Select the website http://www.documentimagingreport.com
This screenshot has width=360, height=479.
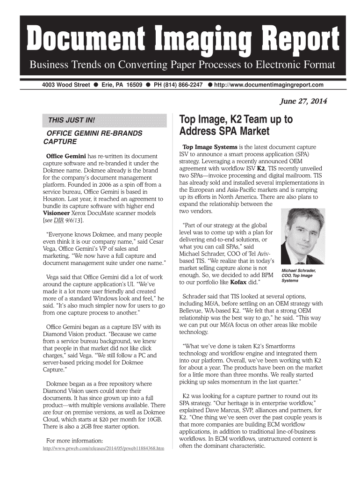click(x=269, y=85)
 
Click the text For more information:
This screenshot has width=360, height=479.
click(x=74, y=441)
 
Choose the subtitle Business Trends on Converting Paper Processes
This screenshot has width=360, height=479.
click(x=182, y=65)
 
